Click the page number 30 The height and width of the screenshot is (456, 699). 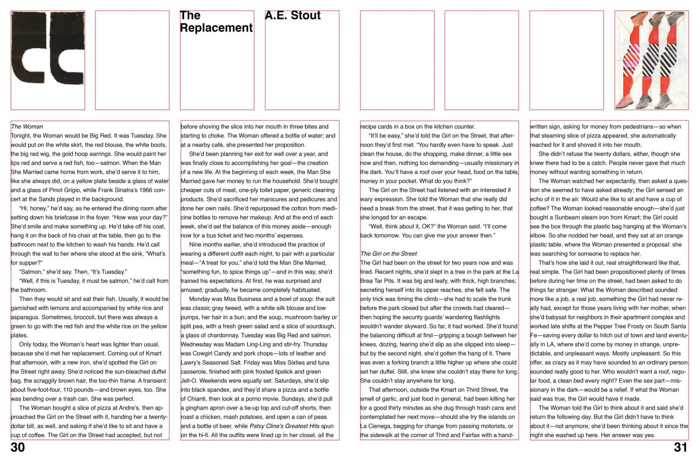tap(18, 447)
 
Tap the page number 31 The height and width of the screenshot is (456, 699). tap(681, 447)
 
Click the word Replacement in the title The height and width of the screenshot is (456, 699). tap(216, 28)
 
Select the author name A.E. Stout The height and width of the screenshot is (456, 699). tap(293, 16)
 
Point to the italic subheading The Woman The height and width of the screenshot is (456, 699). tap(27, 127)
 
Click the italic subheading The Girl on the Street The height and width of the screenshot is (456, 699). tap(388, 254)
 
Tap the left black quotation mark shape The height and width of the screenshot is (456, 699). tap(29, 48)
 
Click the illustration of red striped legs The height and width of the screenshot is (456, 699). tap(651, 60)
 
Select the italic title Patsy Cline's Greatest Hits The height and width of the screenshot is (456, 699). tap(284, 426)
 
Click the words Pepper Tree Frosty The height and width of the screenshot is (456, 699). tap(605, 326)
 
